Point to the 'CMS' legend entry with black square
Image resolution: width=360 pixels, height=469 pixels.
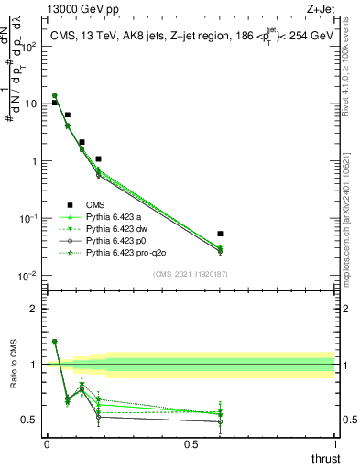(94, 204)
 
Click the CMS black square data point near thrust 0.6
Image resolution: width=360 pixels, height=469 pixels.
(220, 234)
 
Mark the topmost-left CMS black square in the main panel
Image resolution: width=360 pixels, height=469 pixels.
(54, 103)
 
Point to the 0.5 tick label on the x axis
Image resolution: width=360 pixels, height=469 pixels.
(191, 443)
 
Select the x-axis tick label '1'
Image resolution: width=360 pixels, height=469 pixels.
(335, 443)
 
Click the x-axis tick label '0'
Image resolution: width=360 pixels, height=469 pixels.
(47, 443)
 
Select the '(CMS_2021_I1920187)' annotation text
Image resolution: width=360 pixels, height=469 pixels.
(190, 274)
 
